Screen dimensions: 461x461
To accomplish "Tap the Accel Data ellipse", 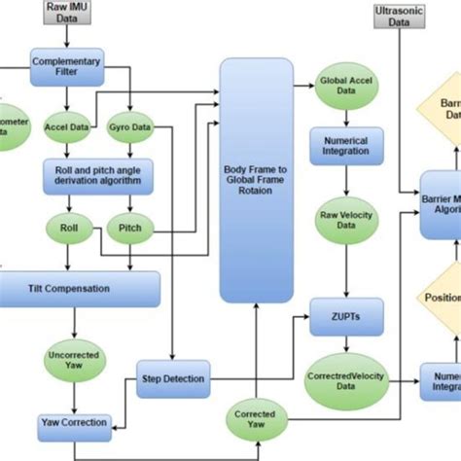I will point(66,127).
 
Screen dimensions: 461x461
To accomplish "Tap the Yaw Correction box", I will point(74,423).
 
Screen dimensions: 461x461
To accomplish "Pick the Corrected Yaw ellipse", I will point(254,420).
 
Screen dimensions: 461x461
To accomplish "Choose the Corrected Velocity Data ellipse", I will point(339,380).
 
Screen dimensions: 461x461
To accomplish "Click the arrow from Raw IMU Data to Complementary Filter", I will point(64,36).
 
